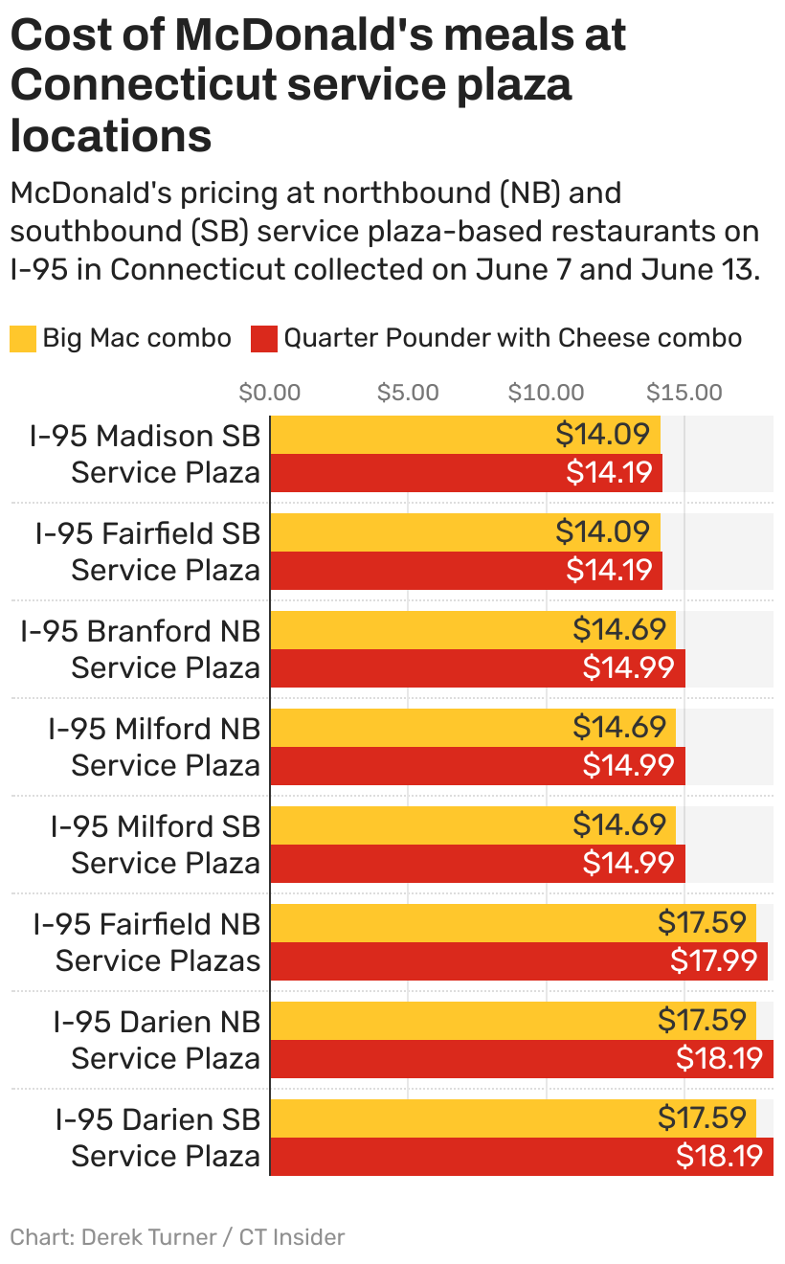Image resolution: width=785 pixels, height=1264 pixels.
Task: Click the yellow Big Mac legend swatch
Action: pos(23,338)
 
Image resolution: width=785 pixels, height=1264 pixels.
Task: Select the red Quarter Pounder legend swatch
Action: pos(265,338)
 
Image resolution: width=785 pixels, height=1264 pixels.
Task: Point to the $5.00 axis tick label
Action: pos(408,393)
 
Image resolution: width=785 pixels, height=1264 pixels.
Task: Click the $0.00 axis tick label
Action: pos(270,393)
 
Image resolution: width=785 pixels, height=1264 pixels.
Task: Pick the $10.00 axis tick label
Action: pos(546,393)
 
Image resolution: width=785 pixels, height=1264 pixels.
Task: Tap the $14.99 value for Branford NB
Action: pos(628,668)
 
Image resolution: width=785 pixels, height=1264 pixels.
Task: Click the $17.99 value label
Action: pos(714,961)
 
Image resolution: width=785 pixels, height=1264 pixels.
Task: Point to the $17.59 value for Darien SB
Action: pos(702,1117)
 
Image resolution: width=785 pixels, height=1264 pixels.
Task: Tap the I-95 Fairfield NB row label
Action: pos(146,942)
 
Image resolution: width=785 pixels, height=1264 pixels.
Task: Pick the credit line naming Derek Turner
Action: pos(177,1236)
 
